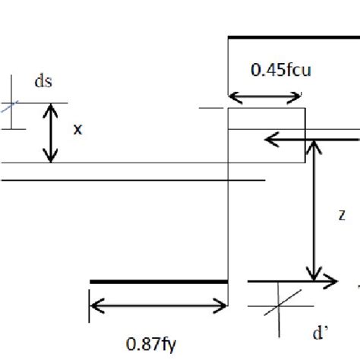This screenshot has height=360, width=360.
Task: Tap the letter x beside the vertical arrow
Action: pos(77,130)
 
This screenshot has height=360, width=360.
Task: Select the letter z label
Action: pos(343,215)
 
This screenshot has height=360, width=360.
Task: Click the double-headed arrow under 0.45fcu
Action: pos(266,96)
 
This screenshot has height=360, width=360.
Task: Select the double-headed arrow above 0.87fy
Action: pos(159,308)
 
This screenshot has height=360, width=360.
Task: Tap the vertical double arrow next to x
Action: pos(50,133)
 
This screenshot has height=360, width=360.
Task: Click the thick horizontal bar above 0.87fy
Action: pos(159,282)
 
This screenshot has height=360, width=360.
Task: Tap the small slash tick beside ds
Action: pos(7,106)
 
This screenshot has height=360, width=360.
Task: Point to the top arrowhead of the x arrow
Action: pos(50,109)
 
